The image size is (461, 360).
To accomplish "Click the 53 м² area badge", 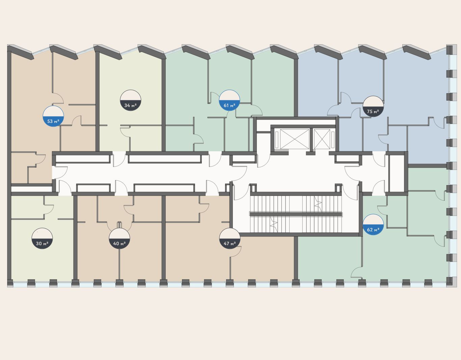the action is click(53, 117).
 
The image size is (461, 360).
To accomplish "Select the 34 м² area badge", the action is click(131, 101).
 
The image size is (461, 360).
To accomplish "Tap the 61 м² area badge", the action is click(229, 101).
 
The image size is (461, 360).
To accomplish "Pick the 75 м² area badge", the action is click(373, 107).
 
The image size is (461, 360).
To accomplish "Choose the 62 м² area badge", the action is click(373, 225).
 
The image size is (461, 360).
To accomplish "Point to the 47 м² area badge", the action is click(229, 239).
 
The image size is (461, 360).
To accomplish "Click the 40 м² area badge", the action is click(119, 239).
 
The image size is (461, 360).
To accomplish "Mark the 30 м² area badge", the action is click(42, 239).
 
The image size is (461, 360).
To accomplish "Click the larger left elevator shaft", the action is click(294, 139).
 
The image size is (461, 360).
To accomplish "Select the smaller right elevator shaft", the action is click(322, 139).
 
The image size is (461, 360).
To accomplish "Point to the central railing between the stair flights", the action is click(296, 214).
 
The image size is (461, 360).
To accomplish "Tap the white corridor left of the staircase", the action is click(152, 174).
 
